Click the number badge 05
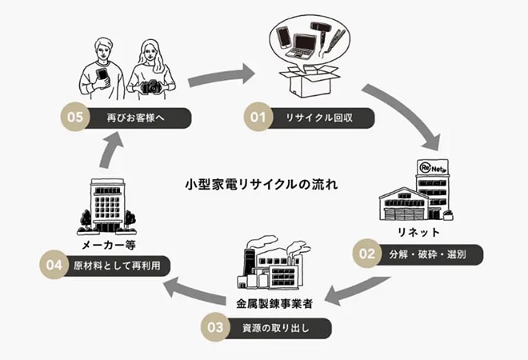click(x=74, y=116)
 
